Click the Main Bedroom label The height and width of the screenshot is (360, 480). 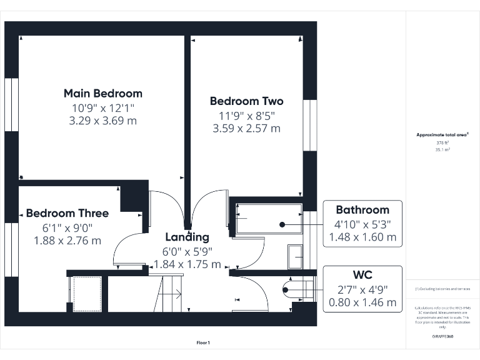click(103, 94)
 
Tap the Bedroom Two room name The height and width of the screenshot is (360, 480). click(246, 101)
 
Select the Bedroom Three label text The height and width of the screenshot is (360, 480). click(67, 213)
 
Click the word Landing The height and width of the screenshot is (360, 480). click(187, 237)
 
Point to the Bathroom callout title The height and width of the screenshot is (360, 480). click(362, 210)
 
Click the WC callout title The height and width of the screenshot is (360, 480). click(362, 275)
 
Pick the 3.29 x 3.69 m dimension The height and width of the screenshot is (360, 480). click(103, 121)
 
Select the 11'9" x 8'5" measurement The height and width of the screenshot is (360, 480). click(246, 116)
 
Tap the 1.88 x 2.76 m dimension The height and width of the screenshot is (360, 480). click(67, 240)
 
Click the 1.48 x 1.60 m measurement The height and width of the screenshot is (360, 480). click(362, 237)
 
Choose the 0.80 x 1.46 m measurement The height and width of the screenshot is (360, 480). click(362, 302)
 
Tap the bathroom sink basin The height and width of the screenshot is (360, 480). click(295, 256)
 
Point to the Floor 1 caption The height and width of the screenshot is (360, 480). click(204, 342)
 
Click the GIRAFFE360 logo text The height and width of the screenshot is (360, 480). click(442, 337)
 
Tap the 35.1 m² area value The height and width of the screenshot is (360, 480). click(442, 150)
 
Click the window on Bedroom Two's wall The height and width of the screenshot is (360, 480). click(309, 125)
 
